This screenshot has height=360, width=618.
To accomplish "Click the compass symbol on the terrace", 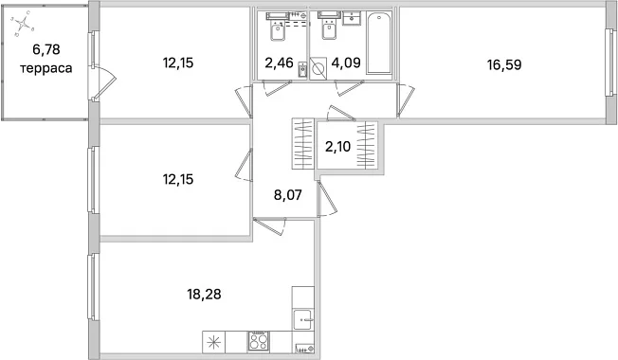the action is coord(24,24).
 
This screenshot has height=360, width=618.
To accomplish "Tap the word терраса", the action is coord(46,68).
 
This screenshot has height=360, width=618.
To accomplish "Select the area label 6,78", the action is coord(46,49).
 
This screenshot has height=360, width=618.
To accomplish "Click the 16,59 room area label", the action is coord(504,64).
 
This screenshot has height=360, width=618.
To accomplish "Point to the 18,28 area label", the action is coord(204,294).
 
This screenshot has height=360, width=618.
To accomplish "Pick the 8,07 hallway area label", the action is coord(288,194).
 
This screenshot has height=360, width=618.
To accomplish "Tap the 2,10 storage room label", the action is coord(337,147).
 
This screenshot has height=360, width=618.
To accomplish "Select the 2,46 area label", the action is coord(279,63).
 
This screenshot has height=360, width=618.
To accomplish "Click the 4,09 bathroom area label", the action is coord(346,63).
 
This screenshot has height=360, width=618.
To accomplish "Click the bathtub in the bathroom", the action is coord(379,43).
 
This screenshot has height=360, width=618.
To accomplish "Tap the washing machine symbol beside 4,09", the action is coord(318,69).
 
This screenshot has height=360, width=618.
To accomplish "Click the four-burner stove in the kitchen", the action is coord(259,341).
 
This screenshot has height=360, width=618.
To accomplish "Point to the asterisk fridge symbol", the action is coord(213,341).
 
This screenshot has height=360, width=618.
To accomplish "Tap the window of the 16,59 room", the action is coord(611,63).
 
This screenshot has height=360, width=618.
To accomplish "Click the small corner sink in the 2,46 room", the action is coord(302,70).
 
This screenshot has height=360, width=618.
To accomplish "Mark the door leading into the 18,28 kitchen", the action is coord(270,227).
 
